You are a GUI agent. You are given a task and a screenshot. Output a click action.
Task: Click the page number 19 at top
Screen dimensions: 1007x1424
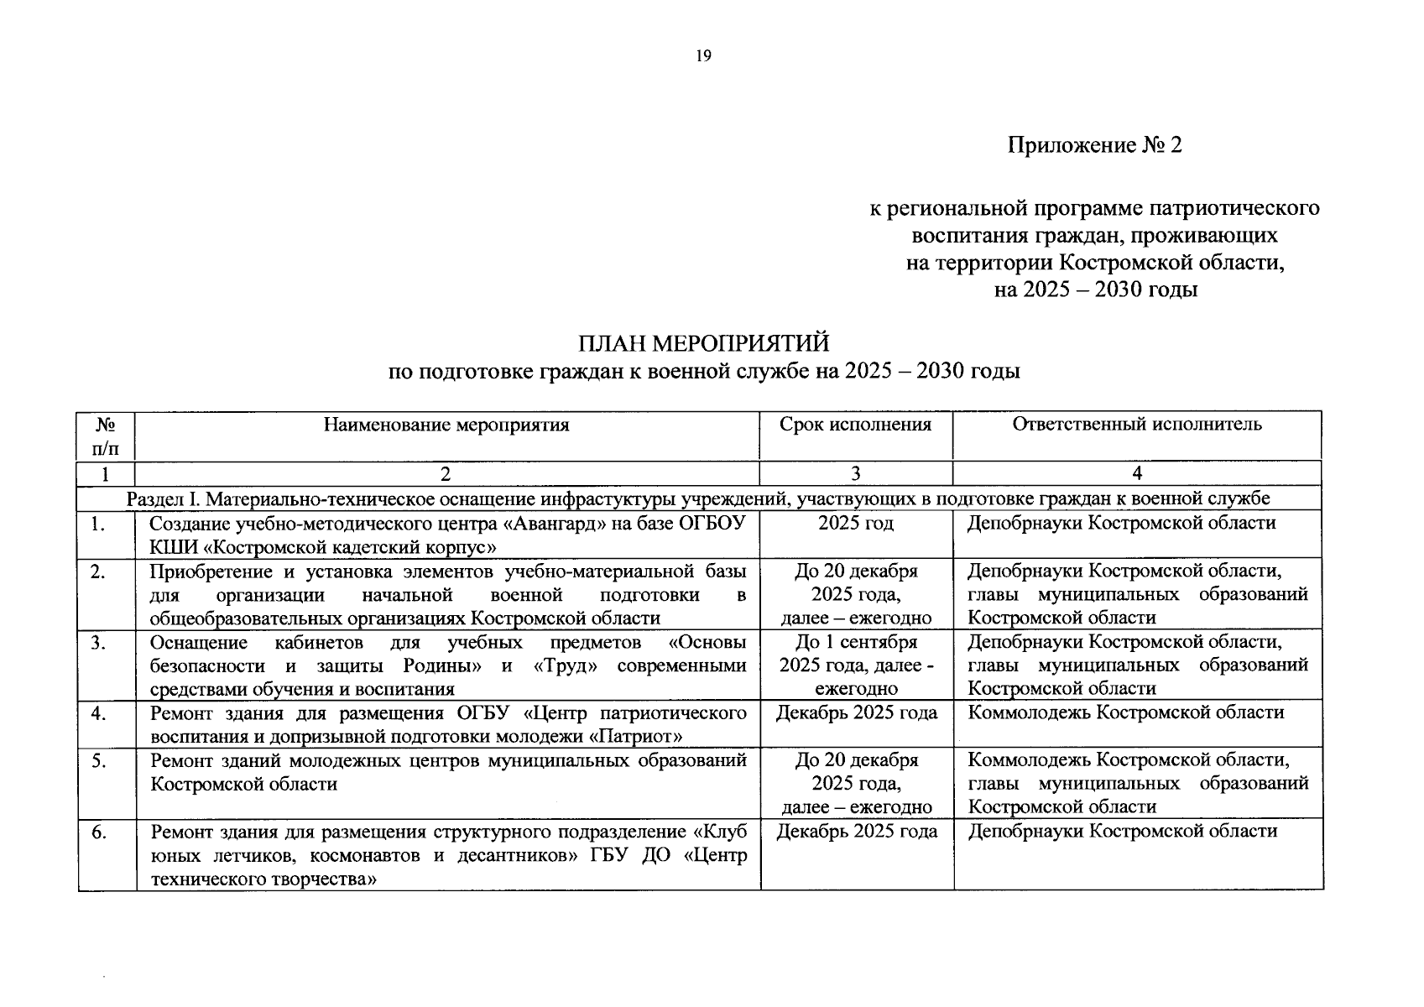(703, 56)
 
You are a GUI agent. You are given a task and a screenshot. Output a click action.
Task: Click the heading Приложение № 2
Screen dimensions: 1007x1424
(1094, 145)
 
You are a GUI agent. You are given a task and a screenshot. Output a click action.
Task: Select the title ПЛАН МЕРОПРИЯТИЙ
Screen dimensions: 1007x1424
(703, 343)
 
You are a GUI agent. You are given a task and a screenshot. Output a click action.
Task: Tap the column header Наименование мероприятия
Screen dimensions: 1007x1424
(446, 425)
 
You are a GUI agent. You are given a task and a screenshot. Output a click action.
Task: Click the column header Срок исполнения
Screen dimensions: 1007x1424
(855, 425)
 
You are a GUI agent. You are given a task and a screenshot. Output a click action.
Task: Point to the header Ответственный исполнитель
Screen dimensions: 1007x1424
(1136, 425)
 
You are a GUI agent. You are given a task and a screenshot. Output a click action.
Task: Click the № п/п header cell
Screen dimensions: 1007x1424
(106, 436)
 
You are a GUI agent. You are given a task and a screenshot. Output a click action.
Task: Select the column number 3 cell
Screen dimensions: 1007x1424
(855, 473)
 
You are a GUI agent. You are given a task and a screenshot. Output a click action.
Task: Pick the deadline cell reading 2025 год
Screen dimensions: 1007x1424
(855, 524)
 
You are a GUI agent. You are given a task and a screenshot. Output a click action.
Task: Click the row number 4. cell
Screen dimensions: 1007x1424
(99, 713)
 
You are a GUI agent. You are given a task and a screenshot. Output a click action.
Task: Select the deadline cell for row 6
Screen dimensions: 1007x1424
(856, 832)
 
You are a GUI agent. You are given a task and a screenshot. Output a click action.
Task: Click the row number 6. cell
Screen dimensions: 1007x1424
(99, 832)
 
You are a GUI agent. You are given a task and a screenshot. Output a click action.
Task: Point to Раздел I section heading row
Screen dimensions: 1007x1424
(698, 498)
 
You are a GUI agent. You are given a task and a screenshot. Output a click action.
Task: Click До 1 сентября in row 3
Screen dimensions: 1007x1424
(855, 643)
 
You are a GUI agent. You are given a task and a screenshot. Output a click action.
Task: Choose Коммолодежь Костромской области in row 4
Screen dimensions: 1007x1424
(1125, 713)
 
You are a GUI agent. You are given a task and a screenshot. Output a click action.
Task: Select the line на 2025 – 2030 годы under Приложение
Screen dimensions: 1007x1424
(1094, 290)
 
